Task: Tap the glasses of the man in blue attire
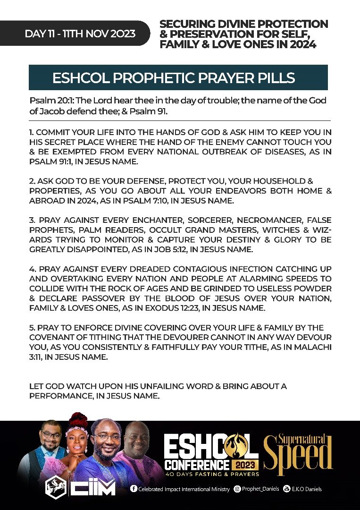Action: click(107, 438)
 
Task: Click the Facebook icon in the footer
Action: click(134, 489)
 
